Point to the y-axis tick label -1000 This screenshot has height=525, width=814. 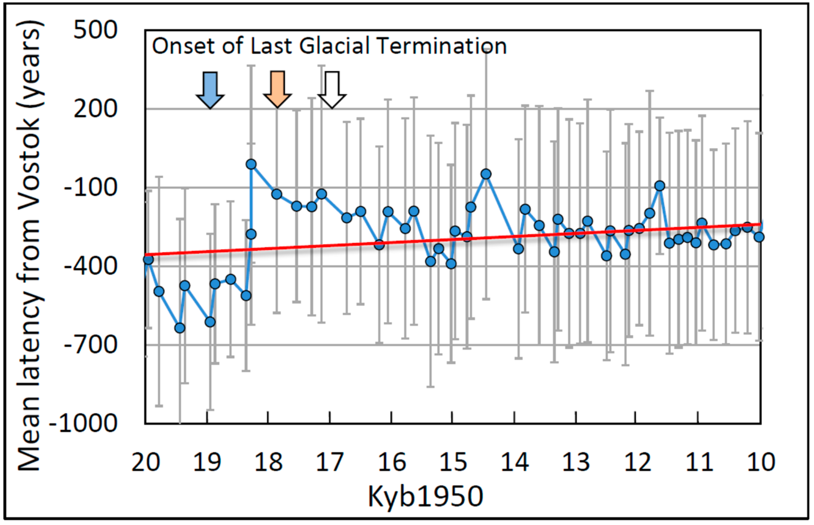(x=83, y=424)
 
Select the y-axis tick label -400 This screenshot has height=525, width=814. (x=90, y=266)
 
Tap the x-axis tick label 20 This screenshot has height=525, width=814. (x=146, y=463)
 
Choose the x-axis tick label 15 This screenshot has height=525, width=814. (x=453, y=463)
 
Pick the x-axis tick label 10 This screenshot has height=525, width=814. (x=761, y=463)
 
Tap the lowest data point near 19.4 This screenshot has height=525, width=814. (x=180, y=328)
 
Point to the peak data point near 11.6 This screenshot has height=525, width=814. (x=660, y=186)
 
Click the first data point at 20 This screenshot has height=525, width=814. (x=148, y=260)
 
